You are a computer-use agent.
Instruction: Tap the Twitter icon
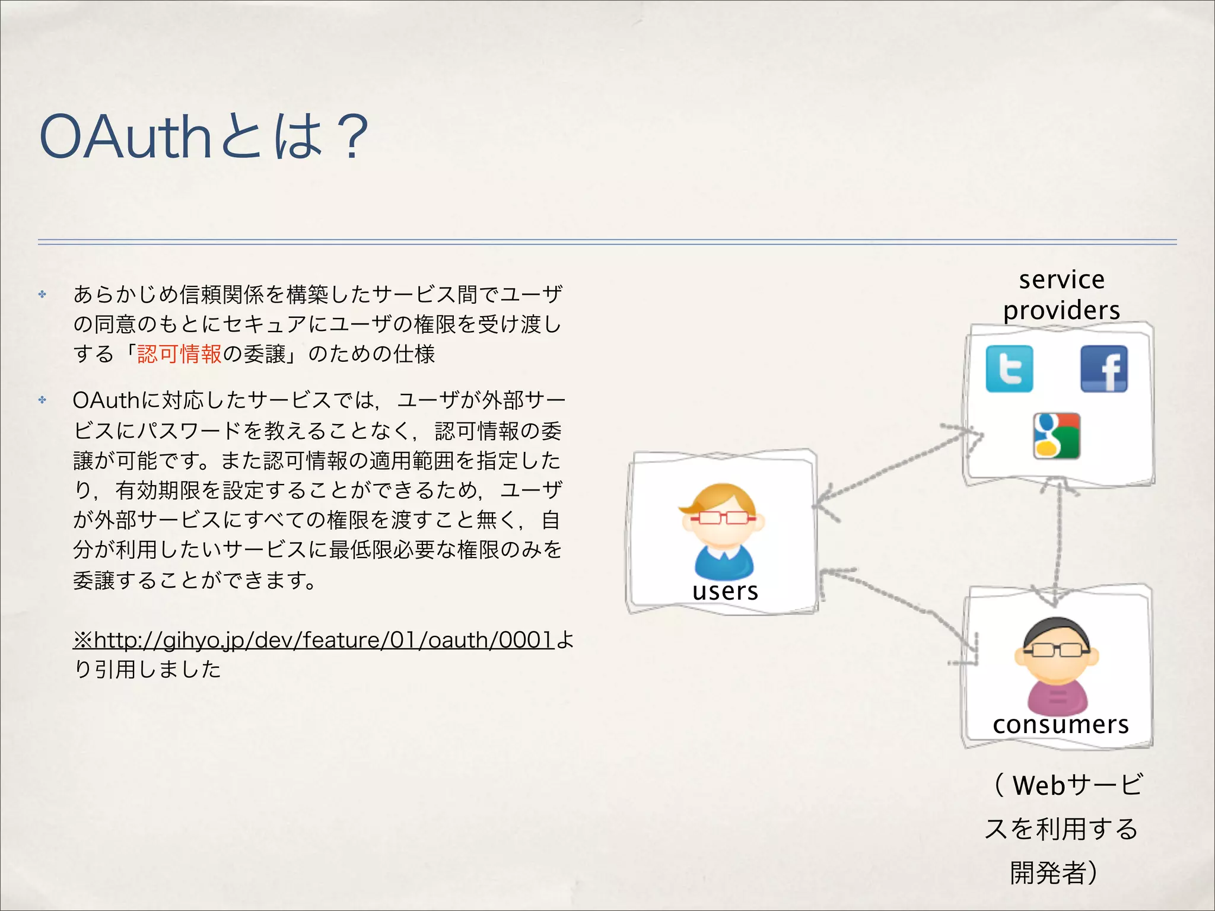tap(1009, 369)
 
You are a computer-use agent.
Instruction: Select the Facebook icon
tap(1103, 369)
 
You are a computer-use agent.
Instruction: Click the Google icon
tap(1056, 436)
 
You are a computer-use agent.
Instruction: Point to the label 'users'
tap(725, 591)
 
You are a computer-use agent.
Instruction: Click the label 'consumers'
tap(1060, 724)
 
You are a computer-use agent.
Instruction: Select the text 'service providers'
tap(1061, 295)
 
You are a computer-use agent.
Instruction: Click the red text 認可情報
tap(179, 354)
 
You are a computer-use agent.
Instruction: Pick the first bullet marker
tap(42, 294)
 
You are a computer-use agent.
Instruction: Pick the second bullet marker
tap(42, 400)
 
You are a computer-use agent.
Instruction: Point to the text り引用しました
tap(147, 670)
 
